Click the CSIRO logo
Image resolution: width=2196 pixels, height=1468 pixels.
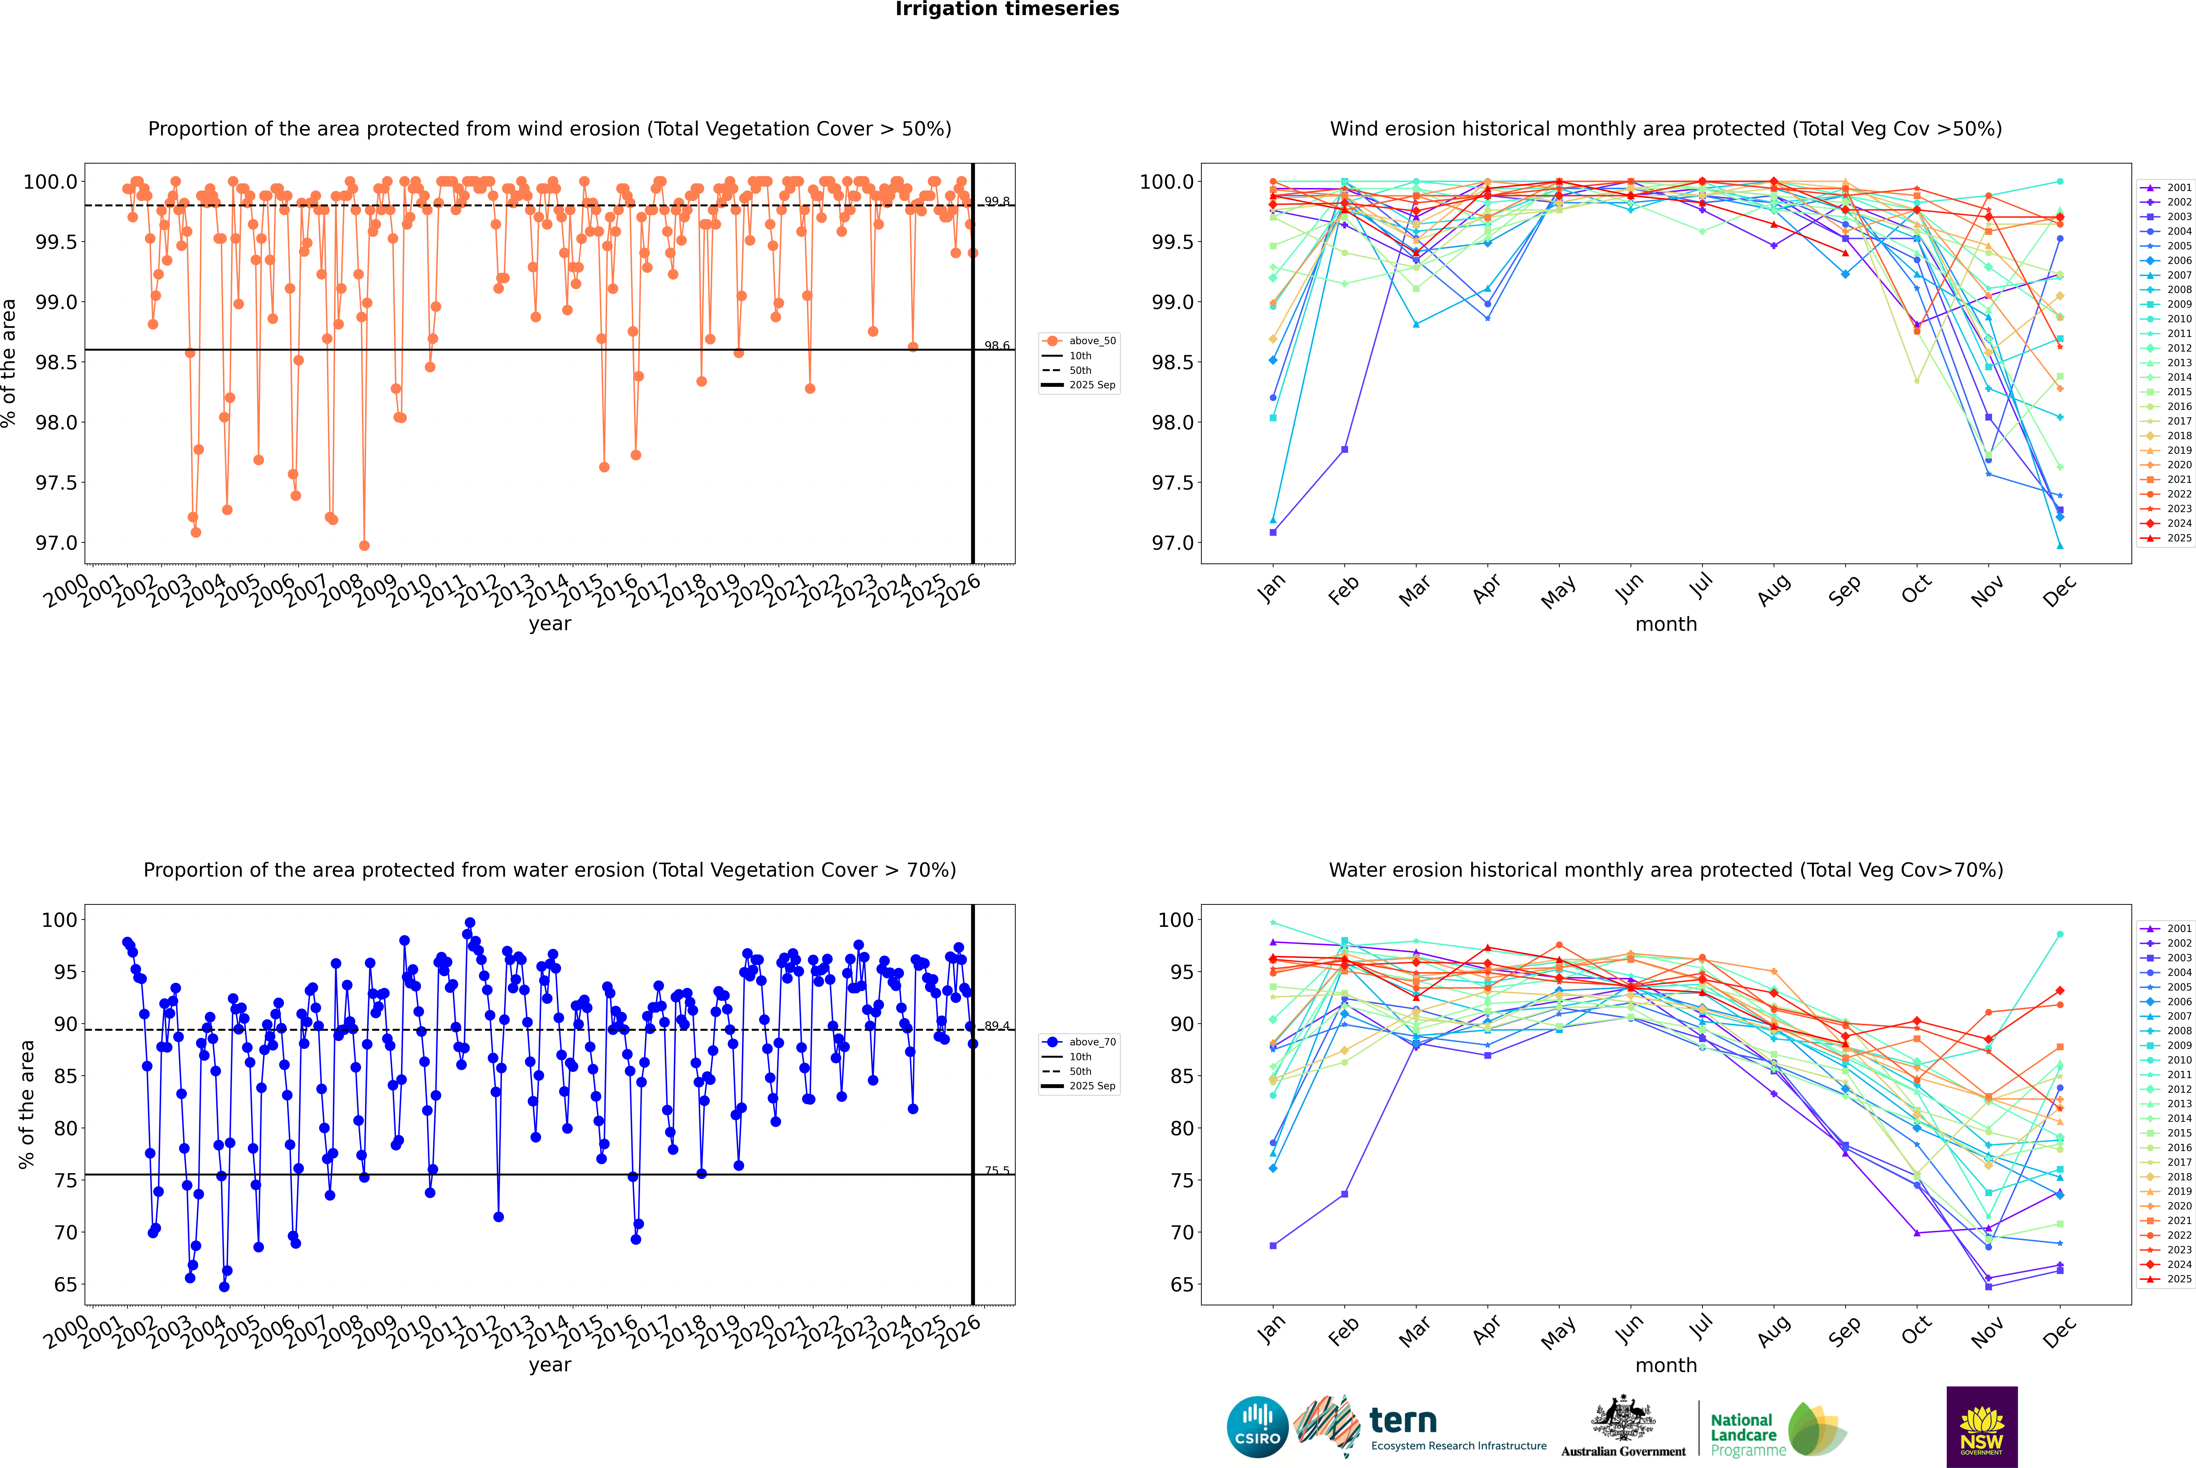[1257, 1427]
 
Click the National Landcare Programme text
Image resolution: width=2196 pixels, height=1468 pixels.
[1743, 1434]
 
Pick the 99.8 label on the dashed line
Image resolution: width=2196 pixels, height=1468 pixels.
[997, 201]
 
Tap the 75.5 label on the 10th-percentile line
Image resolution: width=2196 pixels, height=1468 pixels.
[997, 1170]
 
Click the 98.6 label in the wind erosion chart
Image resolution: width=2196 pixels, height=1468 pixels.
[997, 346]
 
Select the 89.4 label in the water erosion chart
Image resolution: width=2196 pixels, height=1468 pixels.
[997, 1026]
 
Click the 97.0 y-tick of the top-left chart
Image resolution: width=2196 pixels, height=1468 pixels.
[56, 543]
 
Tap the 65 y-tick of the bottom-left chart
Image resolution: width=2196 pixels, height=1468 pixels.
[66, 1284]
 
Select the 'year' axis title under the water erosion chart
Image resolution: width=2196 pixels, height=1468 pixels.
[549, 1365]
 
